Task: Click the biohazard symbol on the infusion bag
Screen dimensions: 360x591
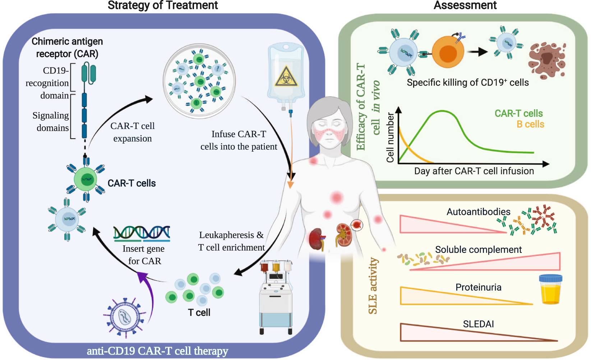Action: click(x=286, y=77)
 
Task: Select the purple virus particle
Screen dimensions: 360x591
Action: click(x=125, y=317)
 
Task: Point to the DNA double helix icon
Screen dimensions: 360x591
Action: click(x=142, y=233)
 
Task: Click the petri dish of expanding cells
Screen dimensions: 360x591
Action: click(x=199, y=81)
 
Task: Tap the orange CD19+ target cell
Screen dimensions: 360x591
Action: click(x=447, y=52)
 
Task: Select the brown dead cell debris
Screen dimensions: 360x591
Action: click(x=546, y=60)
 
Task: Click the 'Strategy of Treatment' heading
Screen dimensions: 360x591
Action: click(x=163, y=5)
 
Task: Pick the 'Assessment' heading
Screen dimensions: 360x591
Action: click(x=465, y=5)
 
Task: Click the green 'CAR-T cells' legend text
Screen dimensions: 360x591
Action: click(x=518, y=114)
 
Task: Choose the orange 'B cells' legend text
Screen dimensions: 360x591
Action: click(x=530, y=124)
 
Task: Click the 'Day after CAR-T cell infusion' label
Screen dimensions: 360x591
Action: click(x=474, y=171)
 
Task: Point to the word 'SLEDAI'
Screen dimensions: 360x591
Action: click(x=478, y=324)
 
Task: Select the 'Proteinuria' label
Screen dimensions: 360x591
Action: click(x=478, y=287)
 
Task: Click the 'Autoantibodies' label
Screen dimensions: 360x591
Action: click(x=478, y=212)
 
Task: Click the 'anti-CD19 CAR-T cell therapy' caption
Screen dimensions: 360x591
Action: click(x=157, y=351)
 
